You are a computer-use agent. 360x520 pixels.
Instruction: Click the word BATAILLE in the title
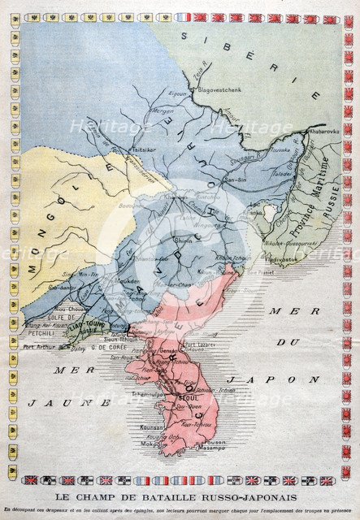point(156,496)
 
